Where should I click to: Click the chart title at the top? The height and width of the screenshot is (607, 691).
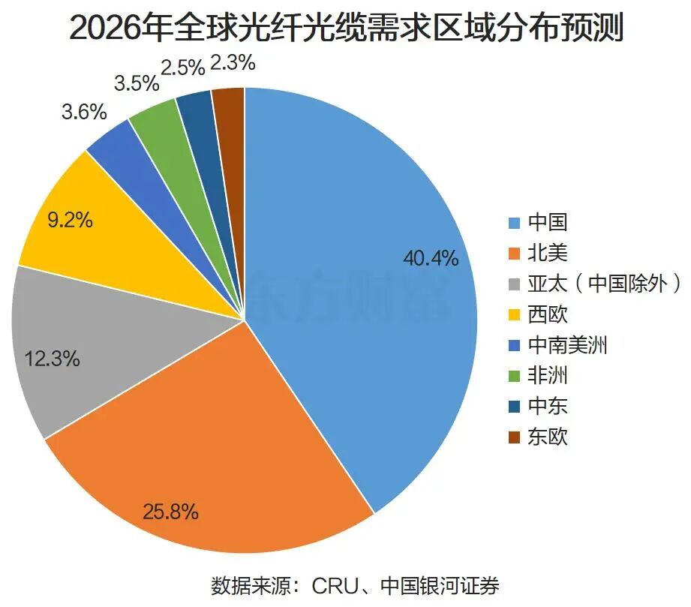click(347, 27)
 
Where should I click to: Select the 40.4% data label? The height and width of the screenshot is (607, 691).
click(431, 258)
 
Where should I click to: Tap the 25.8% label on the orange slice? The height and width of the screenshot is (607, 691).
click(170, 512)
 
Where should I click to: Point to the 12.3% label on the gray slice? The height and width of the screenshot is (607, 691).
click(52, 359)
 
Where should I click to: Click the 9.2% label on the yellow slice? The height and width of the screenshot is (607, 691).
click(70, 219)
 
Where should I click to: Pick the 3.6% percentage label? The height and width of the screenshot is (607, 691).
click(84, 112)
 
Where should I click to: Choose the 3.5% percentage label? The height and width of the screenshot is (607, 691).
click(137, 83)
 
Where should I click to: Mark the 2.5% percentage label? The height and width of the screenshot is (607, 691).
click(183, 68)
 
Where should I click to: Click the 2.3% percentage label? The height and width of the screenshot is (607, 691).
click(233, 62)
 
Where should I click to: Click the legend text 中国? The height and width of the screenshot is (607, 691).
click(548, 222)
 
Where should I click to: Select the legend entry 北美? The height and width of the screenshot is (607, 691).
click(538, 253)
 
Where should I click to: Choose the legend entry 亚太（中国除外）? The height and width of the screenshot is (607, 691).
click(595, 284)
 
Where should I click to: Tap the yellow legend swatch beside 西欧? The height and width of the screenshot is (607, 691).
click(514, 314)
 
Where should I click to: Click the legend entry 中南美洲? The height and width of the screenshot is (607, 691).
click(558, 345)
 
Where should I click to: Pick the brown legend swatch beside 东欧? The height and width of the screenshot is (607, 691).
click(514, 437)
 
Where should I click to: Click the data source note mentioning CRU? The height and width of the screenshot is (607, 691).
click(355, 585)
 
